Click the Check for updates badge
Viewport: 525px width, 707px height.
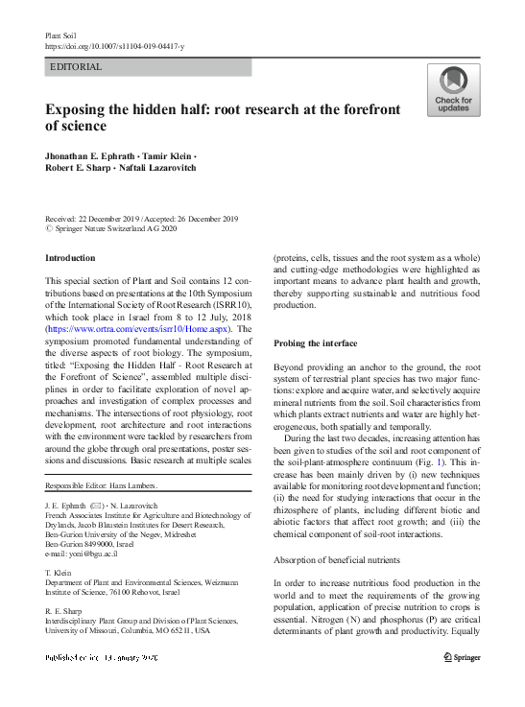[x=453, y=90]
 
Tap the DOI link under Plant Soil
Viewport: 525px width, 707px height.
[x=115, y=46]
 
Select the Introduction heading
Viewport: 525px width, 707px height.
[x=71, y=258]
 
